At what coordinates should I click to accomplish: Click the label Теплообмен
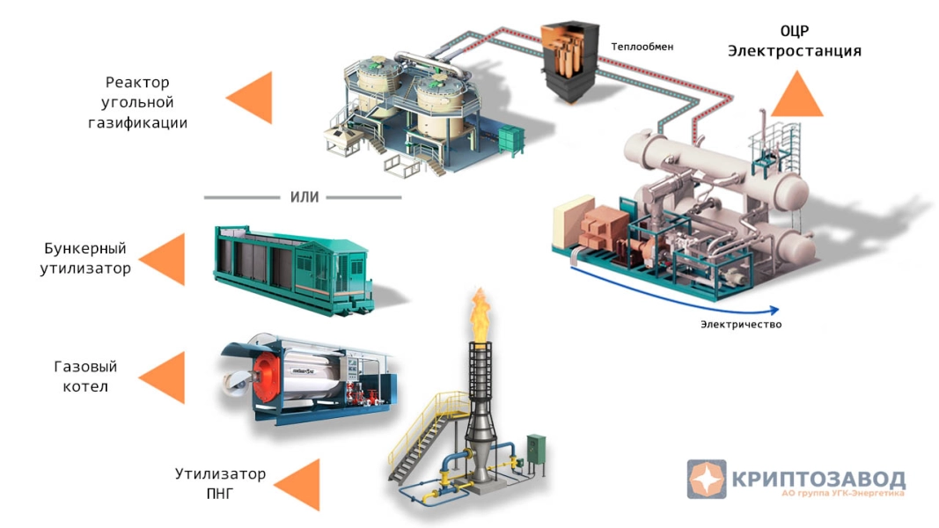(642, 46)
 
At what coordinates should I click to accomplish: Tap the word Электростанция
(794, 51)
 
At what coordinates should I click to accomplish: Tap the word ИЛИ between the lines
(304, 196)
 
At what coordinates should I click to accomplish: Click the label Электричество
(740, 325)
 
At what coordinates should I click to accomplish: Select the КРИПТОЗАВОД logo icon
(706, 479)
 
